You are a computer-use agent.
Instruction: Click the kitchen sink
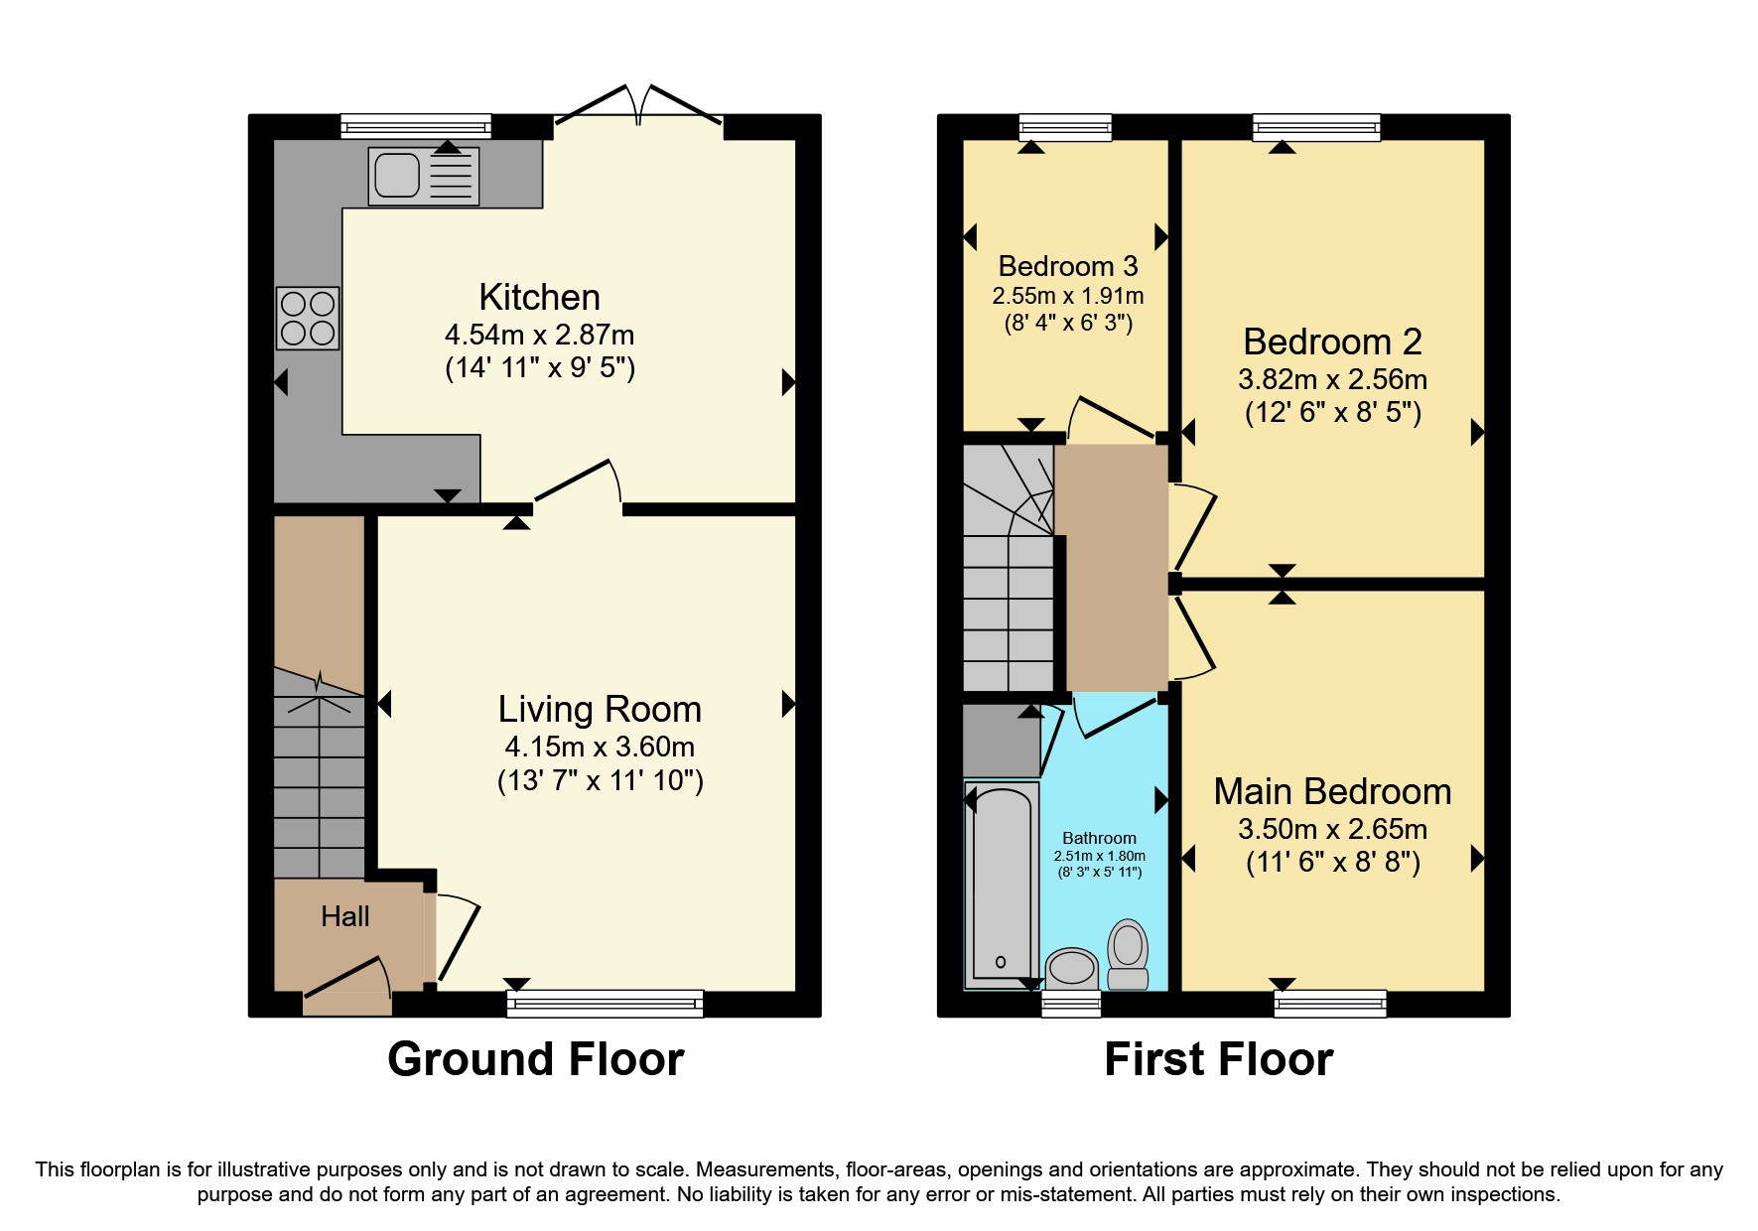click(424, 176)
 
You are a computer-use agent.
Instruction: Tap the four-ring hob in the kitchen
click(308, 318)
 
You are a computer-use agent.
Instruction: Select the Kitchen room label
click(539, 297)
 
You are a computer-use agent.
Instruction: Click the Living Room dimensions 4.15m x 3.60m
click(600, 747)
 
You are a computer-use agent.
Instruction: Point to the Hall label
click(345, 916)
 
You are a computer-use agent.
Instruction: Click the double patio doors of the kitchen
click(638, 109)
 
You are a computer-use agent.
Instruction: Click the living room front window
click(605, 1004)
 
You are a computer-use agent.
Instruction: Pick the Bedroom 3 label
click(1068, 266)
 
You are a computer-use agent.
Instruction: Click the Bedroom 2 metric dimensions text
click(1332, 379)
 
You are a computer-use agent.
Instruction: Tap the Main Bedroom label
click(1332, 791)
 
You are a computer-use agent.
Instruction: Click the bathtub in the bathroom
click(1001, 884)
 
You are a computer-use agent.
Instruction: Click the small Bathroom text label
click(1099, 838)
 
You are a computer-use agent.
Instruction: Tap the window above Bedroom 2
click(1316, 127)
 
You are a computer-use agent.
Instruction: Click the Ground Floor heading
click(535, 1059)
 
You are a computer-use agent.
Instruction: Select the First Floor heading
click(1218, 1059)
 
